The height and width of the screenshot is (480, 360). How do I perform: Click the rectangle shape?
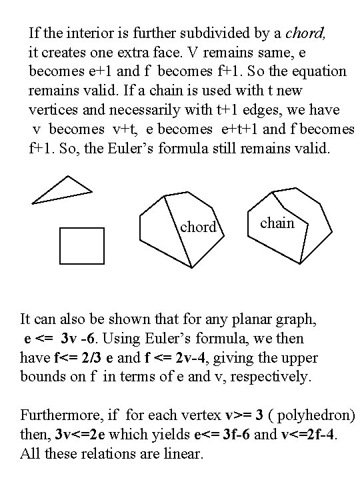click(82, 245)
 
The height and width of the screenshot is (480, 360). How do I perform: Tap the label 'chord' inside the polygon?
click(198, 227)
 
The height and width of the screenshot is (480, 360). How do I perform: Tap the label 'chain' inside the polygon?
click(277, 223)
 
